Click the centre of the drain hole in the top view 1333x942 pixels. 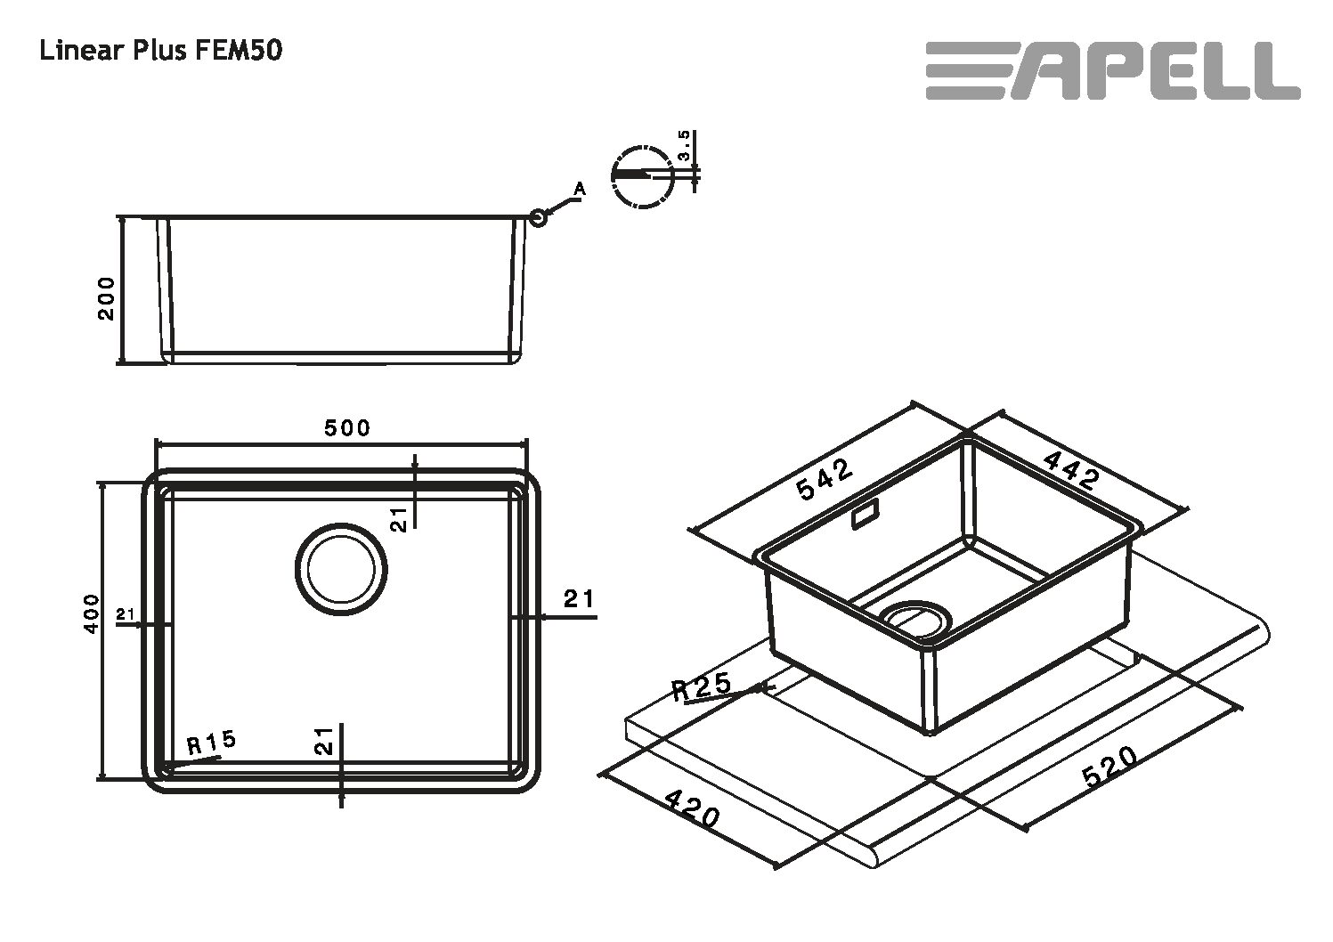click(x=341, y=569)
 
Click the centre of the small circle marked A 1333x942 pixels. click(x=537, y=218)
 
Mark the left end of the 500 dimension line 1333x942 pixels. click(x=155, y=444)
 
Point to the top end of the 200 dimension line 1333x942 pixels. click(x=121, y=216)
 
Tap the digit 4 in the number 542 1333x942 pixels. click(x=825, y=479)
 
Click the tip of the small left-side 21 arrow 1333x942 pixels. click(x=142, y=625)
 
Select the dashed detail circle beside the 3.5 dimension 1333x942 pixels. click(x=643, y=176)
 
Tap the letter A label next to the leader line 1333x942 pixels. click(x=579, y=190)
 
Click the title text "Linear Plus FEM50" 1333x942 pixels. click(x=160, y=51)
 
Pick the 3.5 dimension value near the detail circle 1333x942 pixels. click(x=684, y=146)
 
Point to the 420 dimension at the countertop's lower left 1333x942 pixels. click(x=692, y=808)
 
